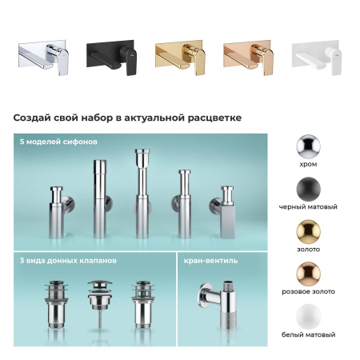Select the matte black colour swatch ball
coord(308,188)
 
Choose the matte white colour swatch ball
coord(308,315)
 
